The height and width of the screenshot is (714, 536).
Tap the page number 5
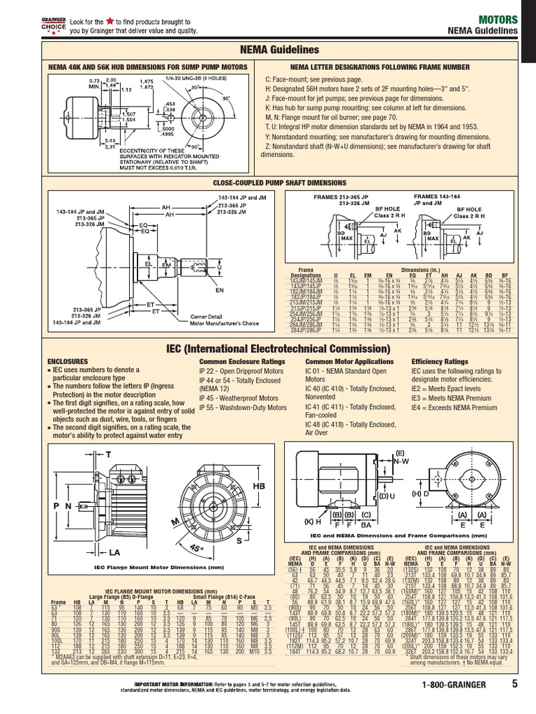click(514, 702)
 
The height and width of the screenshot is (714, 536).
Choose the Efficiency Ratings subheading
click(440, 362)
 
